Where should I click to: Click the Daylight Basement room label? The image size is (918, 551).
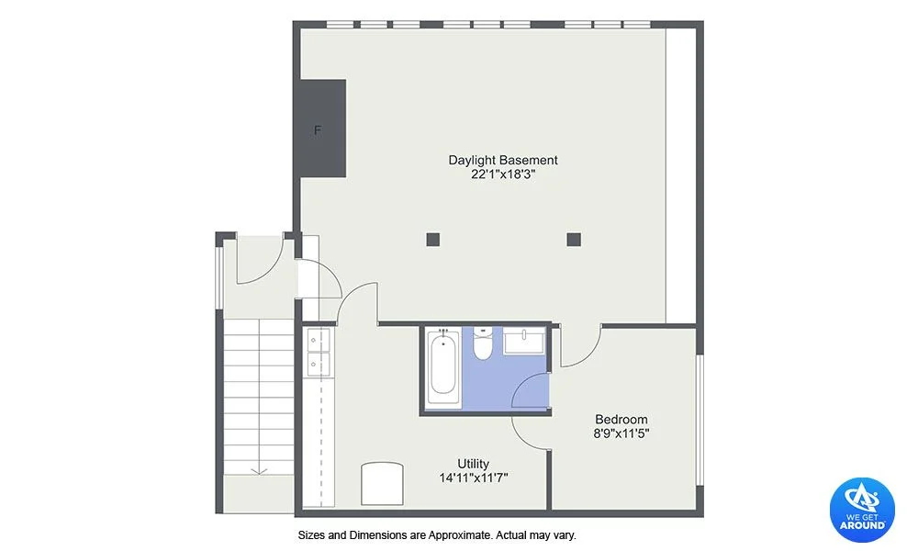point(503,160)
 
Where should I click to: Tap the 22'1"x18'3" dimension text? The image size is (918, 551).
point(503,174)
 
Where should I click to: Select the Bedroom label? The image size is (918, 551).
point(621,420)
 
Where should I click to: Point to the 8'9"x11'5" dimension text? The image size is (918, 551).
point(621,433)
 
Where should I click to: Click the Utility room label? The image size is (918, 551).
point(473,464)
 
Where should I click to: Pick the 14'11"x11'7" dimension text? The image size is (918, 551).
point(474,478)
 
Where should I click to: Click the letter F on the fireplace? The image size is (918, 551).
point(318,130)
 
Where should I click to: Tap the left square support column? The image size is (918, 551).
point(432,239)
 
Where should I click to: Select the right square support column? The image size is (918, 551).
point(574,239)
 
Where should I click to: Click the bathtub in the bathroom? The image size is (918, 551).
point(442,366)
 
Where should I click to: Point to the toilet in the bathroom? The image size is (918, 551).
point(483,343)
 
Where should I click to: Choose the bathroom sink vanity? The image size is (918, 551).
point(524,341)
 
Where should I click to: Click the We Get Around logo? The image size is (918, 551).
point(862,509)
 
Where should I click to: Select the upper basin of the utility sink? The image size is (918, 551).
point(319,340)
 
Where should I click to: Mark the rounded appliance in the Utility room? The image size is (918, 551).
point(382,484)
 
